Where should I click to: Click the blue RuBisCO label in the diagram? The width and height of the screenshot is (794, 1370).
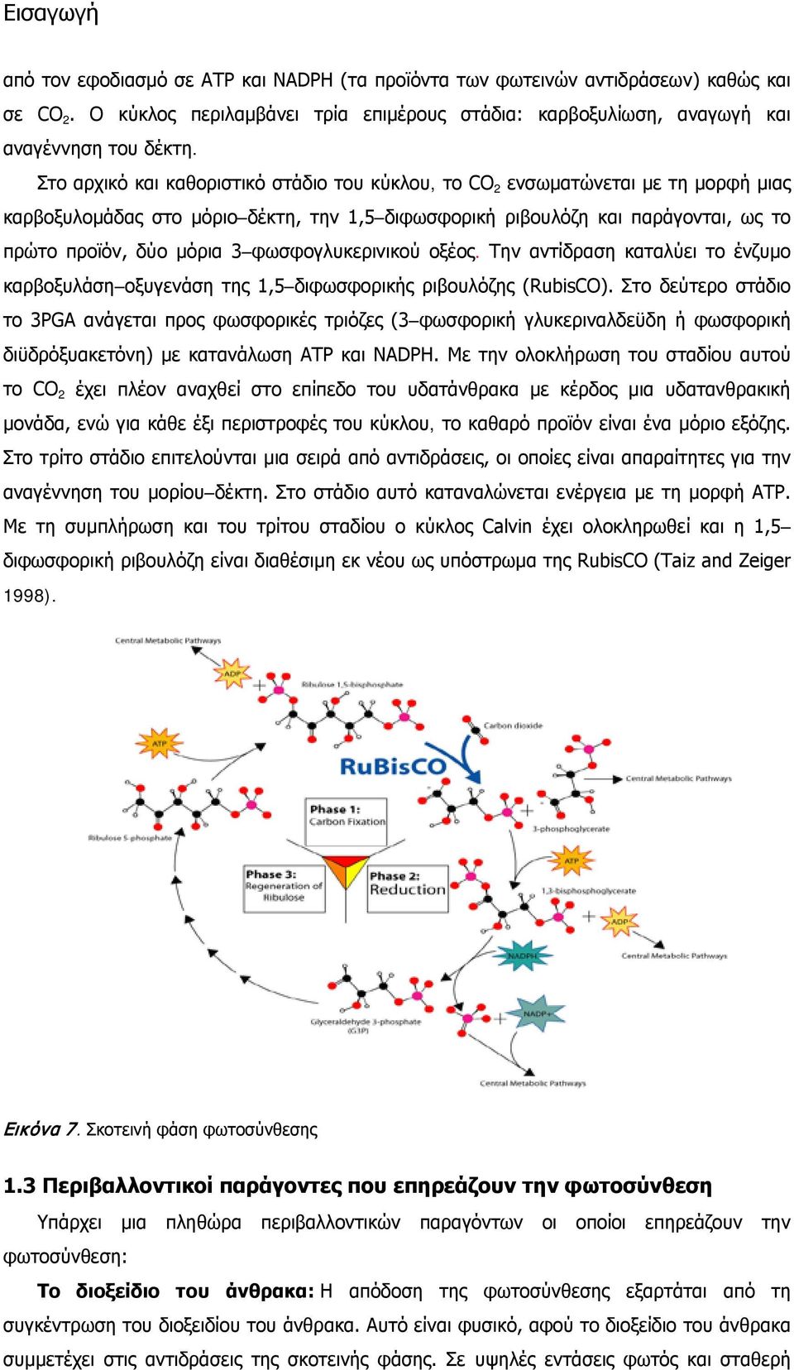(392, 766)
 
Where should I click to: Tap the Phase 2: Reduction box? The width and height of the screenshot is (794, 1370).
(408, 889)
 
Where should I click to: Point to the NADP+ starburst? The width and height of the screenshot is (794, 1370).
(538, 1013)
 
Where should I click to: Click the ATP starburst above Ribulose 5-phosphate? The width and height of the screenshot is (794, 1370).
(160, 744)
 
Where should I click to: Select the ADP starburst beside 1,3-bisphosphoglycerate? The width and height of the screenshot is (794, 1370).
(619, 922)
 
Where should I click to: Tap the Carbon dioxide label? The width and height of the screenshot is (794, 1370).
(513, 726)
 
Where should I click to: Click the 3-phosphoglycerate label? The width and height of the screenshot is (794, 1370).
(571, 829)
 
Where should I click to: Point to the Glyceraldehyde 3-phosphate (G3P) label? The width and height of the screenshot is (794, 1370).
(366, 1026)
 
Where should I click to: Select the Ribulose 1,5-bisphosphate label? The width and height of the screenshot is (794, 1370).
(352, 684)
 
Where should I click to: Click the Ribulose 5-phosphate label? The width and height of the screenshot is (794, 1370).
(130, 837)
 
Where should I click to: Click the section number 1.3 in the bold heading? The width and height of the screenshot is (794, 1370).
(20, 1186)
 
